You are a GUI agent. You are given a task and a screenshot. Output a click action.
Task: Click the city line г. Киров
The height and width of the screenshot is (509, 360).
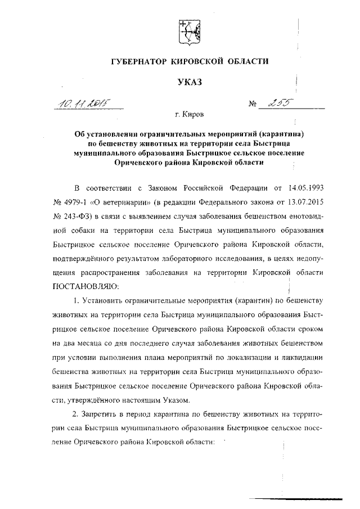pos(190,116)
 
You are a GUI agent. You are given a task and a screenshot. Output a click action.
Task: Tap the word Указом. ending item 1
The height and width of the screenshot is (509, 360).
pos(177,400)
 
